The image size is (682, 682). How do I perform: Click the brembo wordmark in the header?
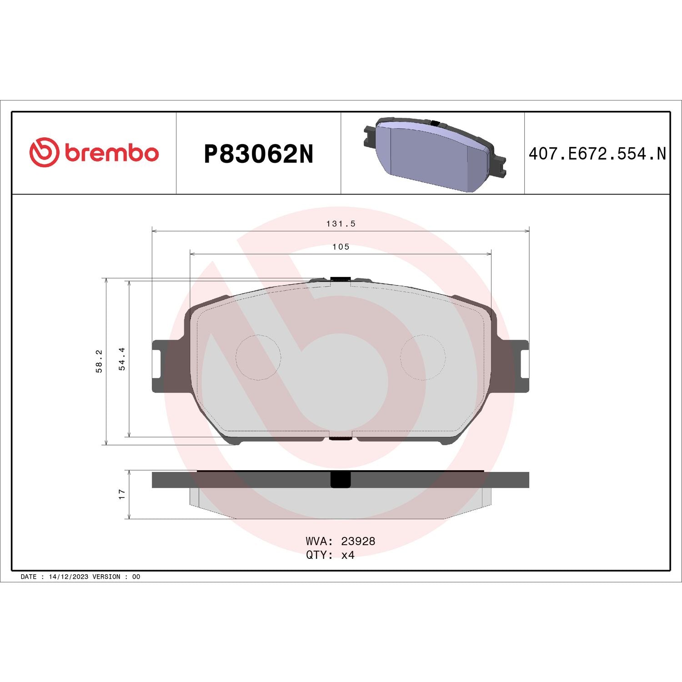click(x=112, y=153)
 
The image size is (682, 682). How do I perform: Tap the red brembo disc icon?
click(x=44, y=152)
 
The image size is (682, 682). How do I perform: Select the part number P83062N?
click(x=258, y=154)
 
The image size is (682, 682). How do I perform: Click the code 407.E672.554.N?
click(x=597, y=154)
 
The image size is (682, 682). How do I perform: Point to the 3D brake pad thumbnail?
click(x=434, y=154)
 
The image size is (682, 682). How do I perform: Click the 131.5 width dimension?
click(x=341, y=224)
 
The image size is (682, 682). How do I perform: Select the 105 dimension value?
click(x=341, y=247)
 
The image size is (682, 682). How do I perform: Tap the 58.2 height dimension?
click(x=99, y=361)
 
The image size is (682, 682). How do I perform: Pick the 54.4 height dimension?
click(x=122, y=359)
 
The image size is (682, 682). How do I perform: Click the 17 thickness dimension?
click(x=122, y=494)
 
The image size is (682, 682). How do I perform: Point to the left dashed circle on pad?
click(x=258, y=357)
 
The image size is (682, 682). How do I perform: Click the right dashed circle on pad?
click(x=422, y=357)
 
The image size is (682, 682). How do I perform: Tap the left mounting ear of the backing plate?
click(x=160, y=366)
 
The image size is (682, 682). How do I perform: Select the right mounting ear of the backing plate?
click(x=521, y=366)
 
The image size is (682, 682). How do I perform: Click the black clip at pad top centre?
click(x=340, y=279)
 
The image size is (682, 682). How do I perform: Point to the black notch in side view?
click(x=340, y=480)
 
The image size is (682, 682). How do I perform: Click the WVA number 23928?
click(x=358, y=541)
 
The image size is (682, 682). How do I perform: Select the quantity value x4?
click(x=348, y=555)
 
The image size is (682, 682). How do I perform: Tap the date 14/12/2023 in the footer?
click(x=68, y=577)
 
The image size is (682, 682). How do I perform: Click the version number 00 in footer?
click(x=136, y=577)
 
